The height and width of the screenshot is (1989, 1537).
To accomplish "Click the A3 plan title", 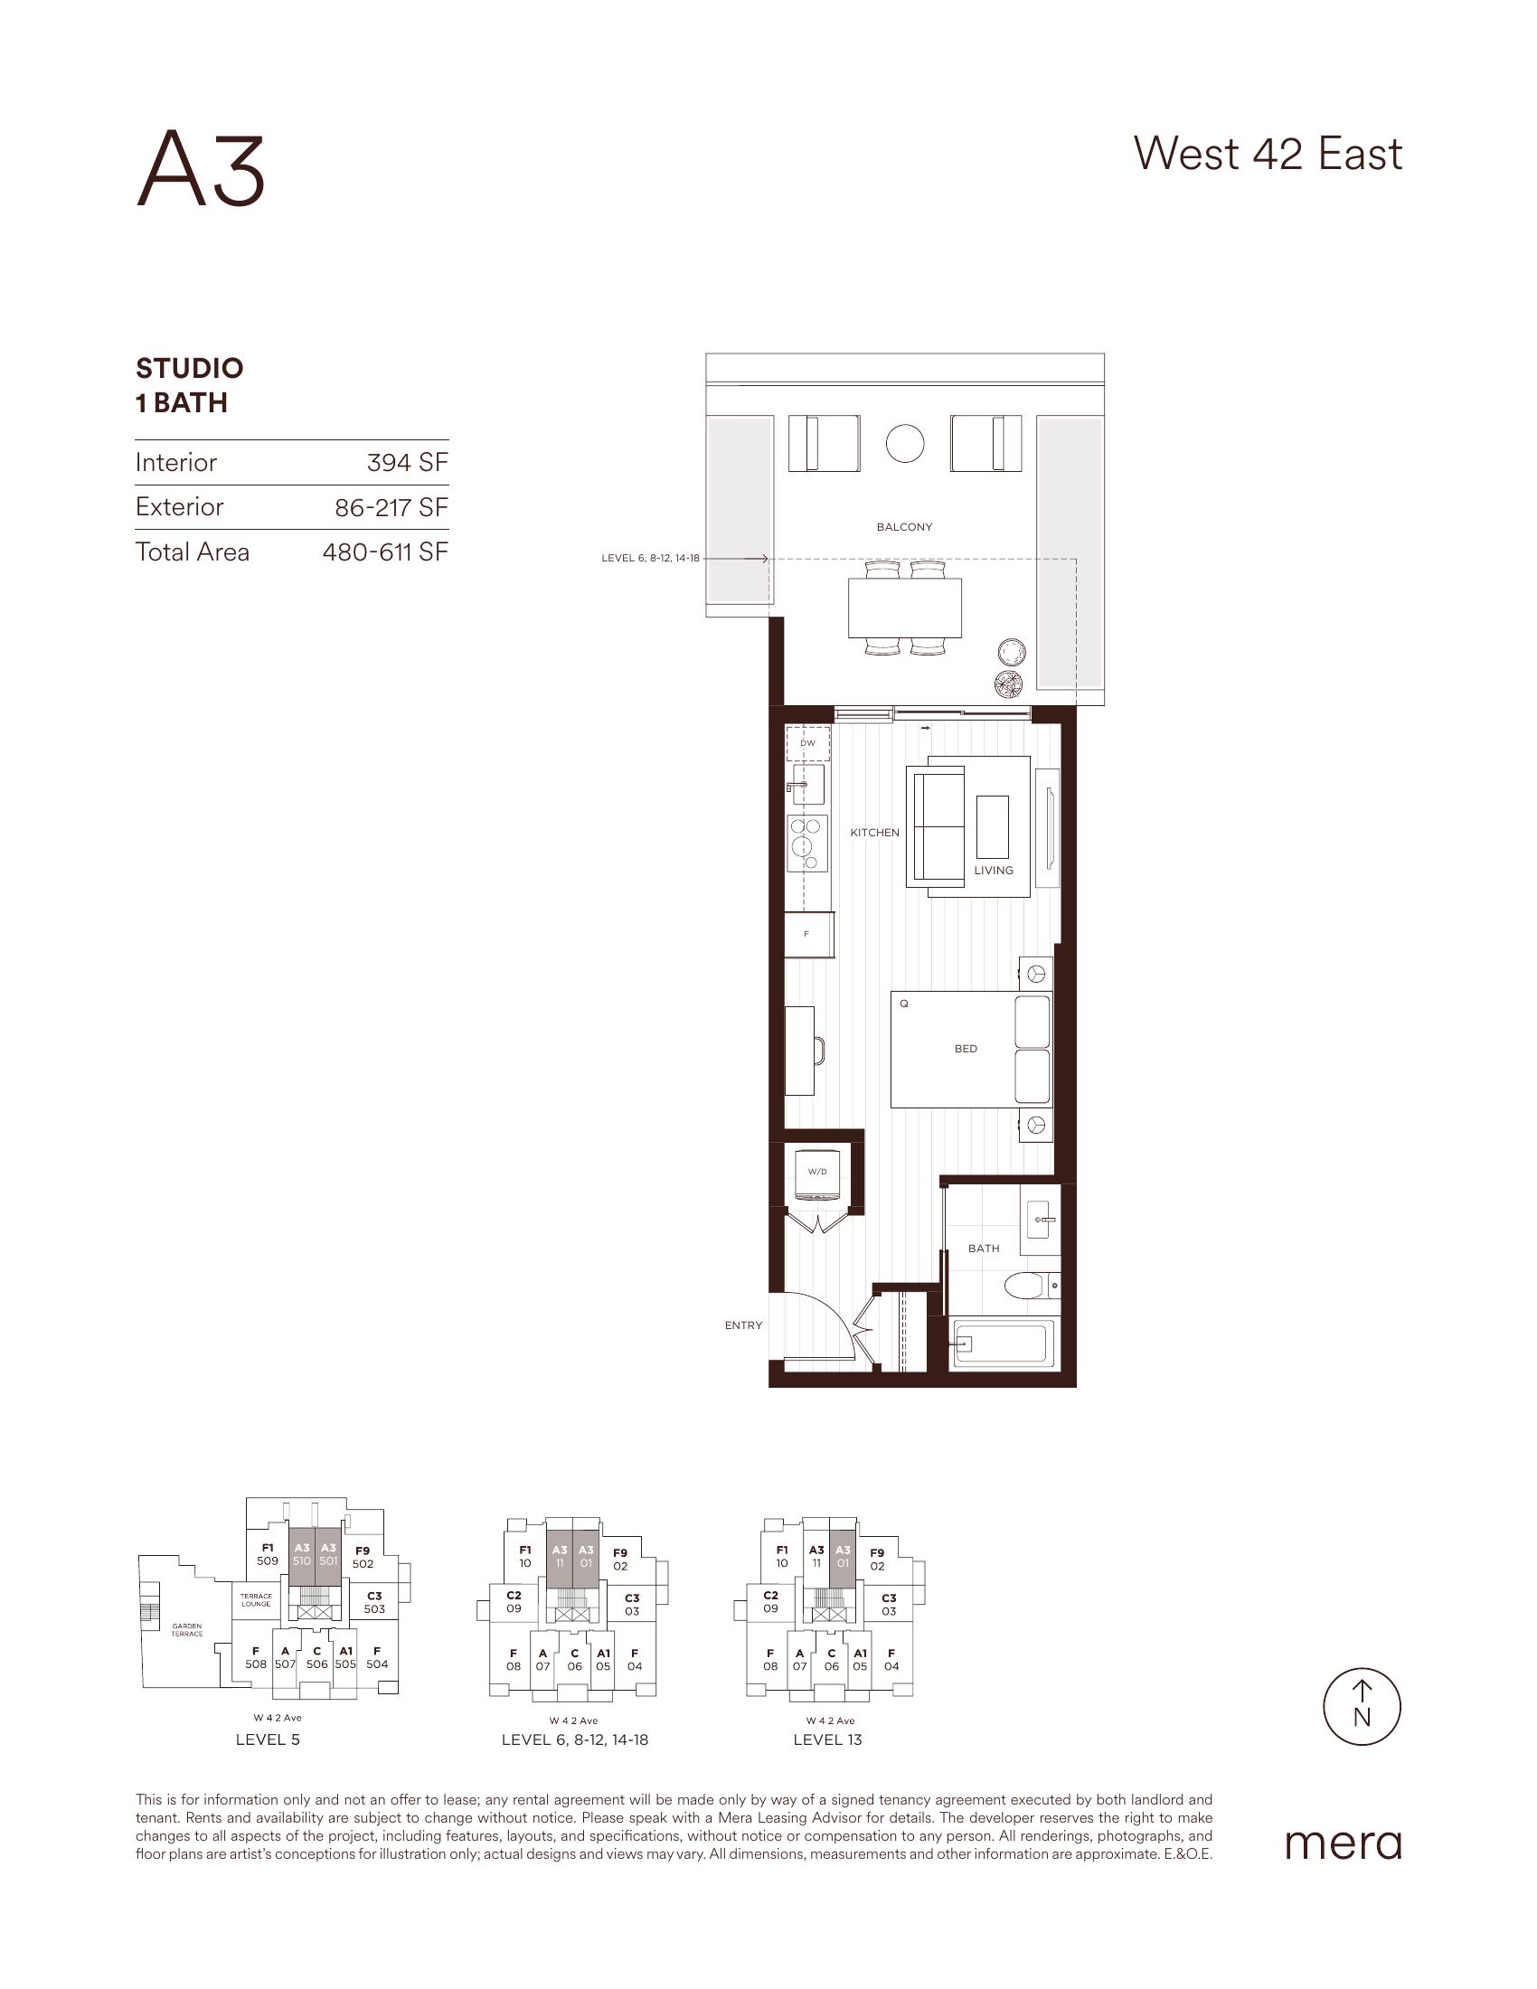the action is (201, 170).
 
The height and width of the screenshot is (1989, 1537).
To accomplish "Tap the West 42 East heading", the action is (1268, 154).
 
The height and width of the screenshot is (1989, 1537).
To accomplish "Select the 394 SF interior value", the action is (408, 463).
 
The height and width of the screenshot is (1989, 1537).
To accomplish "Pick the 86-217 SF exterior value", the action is (391, 507).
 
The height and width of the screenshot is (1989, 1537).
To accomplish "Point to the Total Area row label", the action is (192, 551).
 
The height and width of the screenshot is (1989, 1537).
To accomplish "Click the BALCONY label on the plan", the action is (904, 527).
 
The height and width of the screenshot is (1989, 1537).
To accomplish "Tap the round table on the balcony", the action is (905, 444).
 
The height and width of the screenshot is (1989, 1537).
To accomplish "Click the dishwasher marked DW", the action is (807, 743).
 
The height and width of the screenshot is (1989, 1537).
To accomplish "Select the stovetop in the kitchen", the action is (807, 844).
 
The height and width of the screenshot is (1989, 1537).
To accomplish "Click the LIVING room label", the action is (994, 870).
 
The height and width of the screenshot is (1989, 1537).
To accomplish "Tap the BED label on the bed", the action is (967, 1049).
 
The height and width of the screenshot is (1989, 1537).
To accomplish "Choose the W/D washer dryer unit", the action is (816, 1173).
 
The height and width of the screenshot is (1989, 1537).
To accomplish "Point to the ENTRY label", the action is (743, 1326).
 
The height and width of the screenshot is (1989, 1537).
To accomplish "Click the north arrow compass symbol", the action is (1362, 1707).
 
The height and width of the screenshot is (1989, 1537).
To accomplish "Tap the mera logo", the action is (1343, 1843).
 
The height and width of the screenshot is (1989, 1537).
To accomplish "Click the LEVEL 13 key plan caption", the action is (827, 1739).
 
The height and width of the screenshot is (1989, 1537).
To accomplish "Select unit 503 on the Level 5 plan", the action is (374, 1602).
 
